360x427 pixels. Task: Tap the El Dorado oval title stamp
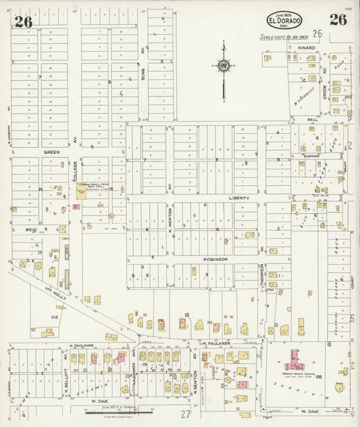tap(284, 20)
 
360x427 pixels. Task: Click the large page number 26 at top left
tap(24, 22)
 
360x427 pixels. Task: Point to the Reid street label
tap(32, 230)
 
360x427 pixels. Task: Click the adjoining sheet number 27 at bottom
tap(185, 414)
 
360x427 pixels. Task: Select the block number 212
tap(54, 316)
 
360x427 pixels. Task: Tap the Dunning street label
tap(311, 155)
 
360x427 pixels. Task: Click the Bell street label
tap(313, 119)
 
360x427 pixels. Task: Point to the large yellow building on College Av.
tap(81, 193)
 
